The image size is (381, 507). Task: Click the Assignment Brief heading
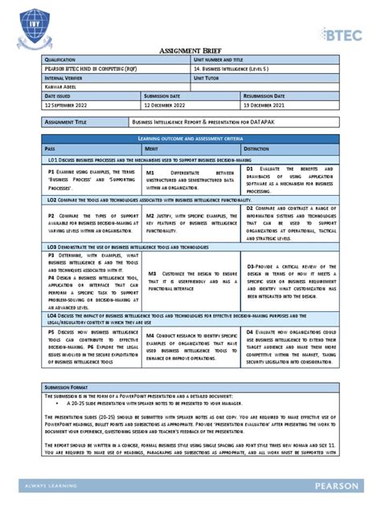coord(190,48)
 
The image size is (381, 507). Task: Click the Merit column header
coord(151,149)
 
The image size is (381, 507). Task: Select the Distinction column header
coord(257,149)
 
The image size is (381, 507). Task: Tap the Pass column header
coord(51,149)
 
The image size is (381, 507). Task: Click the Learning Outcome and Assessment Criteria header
coord(190,140)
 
